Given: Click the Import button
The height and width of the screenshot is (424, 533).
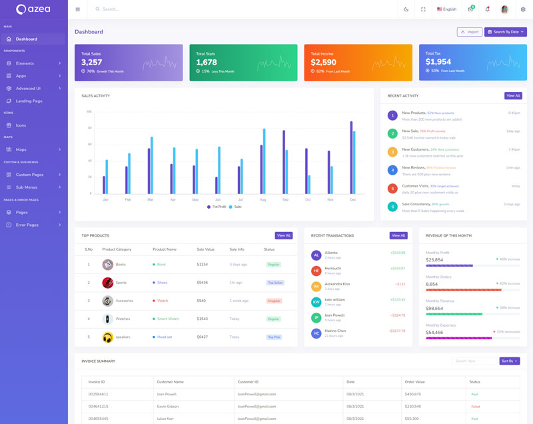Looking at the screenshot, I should [x=470, y=32].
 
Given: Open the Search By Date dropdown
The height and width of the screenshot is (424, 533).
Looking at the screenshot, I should [x=506, y=32].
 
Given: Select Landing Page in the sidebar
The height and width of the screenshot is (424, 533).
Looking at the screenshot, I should [x=29, y=101].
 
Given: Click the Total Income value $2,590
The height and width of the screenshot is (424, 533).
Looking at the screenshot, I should [x=323, y=62].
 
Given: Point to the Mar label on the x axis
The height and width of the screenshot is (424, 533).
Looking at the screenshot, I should [x=151, y=199].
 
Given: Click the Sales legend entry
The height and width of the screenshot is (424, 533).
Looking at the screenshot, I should [x=235, y=207].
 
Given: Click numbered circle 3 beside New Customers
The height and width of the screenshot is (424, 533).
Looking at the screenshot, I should [x=392, y=152].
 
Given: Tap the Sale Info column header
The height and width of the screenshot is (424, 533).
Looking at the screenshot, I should [x=237, y=249].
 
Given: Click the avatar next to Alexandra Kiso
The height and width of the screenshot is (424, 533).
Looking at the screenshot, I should [x=316, y=286].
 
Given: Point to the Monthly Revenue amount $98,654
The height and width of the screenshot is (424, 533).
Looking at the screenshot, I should [x=434, y=308].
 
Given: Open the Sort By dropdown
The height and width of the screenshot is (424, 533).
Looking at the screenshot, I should [x=509, y=361].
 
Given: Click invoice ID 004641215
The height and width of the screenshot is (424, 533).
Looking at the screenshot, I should [x=99, y=406].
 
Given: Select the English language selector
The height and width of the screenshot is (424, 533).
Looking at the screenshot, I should [x=446, y=9].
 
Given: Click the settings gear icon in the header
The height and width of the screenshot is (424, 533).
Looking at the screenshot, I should [x=523, y=9].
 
